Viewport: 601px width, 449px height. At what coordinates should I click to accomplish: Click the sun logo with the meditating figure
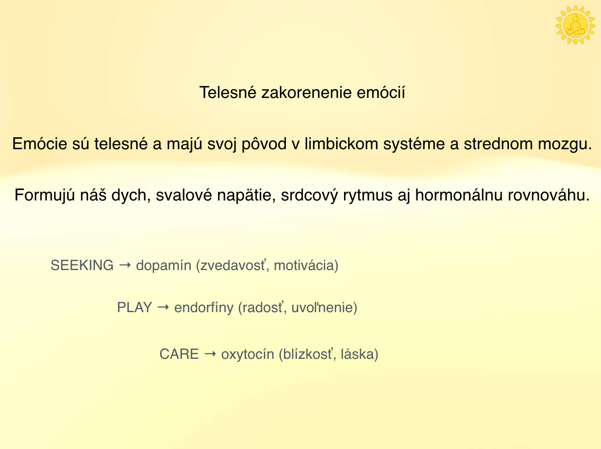pos(575,25)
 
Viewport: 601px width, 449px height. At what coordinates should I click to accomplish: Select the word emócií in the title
pos(381,92)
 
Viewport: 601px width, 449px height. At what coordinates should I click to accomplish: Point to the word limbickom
pos(341,144)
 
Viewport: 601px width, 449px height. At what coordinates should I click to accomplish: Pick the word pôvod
pos(264,144)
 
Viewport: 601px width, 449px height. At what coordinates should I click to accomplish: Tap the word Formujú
pos(44,195)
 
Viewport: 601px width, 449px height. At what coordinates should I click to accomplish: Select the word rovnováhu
pos(548,195)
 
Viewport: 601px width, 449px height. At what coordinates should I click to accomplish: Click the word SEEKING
pos(82,265)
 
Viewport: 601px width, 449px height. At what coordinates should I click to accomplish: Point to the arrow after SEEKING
pos(125,265)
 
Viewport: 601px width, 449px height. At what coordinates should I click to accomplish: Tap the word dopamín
pos(164,266)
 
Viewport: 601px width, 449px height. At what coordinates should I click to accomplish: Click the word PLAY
pos(134,308)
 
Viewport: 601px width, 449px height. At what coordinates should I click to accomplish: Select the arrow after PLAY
pos(163,307)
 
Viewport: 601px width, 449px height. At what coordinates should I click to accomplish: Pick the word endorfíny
pos(204,308)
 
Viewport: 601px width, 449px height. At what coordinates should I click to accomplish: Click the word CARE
pos(179,354)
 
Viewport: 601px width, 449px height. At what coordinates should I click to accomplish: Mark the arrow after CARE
pos(210,354)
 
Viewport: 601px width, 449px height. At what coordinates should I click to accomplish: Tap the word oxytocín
pos(247,354)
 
